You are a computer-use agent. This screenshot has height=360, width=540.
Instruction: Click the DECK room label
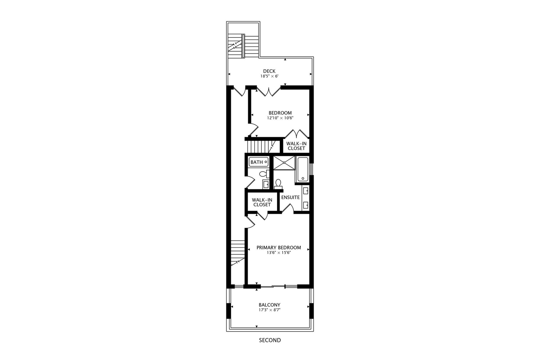tap(269, 71)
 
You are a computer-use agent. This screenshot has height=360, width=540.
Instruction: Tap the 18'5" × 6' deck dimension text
tap(269, 76)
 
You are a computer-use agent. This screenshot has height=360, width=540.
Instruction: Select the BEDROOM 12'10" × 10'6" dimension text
tap(280, 118)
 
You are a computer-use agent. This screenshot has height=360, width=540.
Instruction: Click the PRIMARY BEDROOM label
tap(279, 248)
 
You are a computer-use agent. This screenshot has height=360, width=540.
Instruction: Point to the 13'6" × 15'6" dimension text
tap(279, 253)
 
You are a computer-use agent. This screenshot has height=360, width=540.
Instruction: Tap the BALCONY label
tap(269, 305)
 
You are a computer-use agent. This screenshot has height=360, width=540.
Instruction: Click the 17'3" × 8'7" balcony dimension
tap(269, 310)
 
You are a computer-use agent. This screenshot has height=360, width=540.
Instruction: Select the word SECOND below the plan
tap(270, 340)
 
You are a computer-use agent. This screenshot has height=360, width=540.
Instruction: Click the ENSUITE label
tap(290, 197)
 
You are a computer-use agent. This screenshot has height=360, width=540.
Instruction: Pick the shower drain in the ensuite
tap(284, 163)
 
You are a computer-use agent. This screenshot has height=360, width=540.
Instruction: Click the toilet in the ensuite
tap(278, 184)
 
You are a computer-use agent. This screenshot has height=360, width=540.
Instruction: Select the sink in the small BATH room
tap(265, 184)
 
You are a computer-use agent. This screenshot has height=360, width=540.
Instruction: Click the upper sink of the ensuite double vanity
tap(305, 191)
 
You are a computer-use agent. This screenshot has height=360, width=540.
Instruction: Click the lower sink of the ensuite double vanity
tap(305, 204)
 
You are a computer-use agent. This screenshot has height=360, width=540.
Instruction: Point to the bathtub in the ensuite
tap(303, 169)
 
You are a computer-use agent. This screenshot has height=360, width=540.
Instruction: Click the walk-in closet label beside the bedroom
tap(296, 146)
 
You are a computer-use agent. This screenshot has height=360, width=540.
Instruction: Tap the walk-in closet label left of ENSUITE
tap(262, 202)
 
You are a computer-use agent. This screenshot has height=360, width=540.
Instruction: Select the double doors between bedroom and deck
tap(269, 91)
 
